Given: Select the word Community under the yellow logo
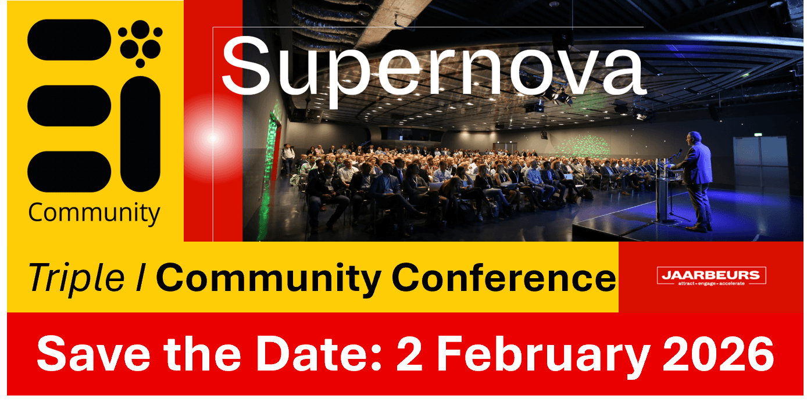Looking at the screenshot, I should click(x=94, y=213).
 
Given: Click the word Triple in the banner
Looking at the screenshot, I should click(x=76, y=278).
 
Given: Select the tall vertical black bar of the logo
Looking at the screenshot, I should click(x=141, y=134).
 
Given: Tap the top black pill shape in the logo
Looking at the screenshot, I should click(x=69, y=40).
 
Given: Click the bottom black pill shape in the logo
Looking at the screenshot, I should click(x=69, y=172).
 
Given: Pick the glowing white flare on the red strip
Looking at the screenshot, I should click(x=212, y=138).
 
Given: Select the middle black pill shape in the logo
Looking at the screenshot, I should click(x=69, y=106).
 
